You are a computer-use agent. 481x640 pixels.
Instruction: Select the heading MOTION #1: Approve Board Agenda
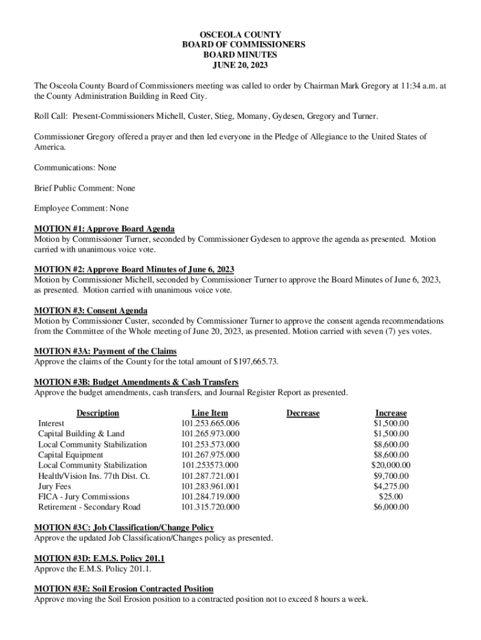pos(104,228)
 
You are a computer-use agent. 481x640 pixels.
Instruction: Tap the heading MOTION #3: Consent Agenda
pos(91,311)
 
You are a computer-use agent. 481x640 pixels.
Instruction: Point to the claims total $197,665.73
pos(255,362)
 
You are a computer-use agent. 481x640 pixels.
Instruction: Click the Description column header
pos(97,413)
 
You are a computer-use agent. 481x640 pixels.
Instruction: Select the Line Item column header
pos(210,413)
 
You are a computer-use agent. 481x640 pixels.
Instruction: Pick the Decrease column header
pos(303,413)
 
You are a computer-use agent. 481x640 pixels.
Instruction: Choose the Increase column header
pos(391,413)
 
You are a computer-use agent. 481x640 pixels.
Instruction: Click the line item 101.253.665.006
pos(211,424)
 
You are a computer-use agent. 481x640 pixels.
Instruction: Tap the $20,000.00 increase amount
pos(391,465)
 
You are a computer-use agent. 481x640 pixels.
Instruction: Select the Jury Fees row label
pos(54,486)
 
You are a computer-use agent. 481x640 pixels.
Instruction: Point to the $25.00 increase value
pos(391,497)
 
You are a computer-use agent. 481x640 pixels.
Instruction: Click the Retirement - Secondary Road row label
pos(89,507)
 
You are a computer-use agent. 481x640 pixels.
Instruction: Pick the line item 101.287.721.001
pos(211,476)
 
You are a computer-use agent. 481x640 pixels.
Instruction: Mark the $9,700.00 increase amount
pos(391,476)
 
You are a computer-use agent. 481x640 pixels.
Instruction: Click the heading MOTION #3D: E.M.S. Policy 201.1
pos(99,558)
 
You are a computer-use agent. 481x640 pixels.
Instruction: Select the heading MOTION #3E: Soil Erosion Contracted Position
pos(124,589)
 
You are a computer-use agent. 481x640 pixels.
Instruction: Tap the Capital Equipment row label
pos(71,455)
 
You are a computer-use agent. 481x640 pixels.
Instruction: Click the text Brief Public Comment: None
pos(84,188)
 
